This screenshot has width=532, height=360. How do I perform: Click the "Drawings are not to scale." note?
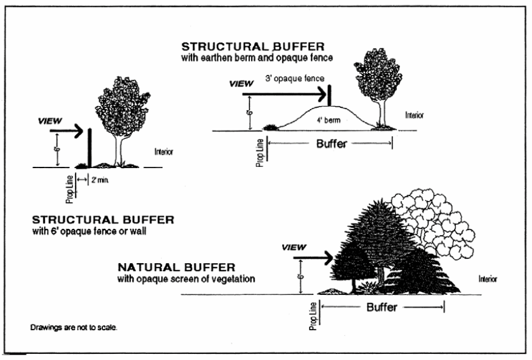coord(74,327)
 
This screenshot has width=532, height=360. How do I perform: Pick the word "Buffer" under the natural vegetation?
coord(382,308)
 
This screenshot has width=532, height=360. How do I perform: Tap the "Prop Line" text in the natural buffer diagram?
coord(313,316)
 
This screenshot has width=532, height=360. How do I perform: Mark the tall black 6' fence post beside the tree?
coord(90,147)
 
